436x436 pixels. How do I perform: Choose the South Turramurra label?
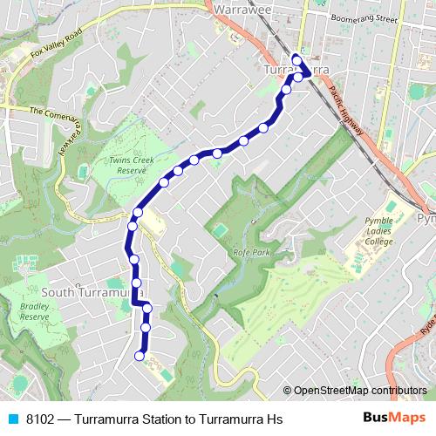(x=85, y=292)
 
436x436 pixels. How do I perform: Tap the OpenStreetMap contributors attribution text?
(x=359, y=391)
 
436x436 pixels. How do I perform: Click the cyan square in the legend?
(x=13, y=419)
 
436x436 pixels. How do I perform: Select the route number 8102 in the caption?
(x=40, y=419)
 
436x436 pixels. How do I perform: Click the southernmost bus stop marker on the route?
(x=140, y=355)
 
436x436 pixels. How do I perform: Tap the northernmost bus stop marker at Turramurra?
(x=296, y=59)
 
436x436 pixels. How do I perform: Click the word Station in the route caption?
(x=155, y=419)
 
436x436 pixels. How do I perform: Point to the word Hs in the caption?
(x=275, y=419)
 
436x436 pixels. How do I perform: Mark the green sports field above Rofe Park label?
(x=221, y=229)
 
